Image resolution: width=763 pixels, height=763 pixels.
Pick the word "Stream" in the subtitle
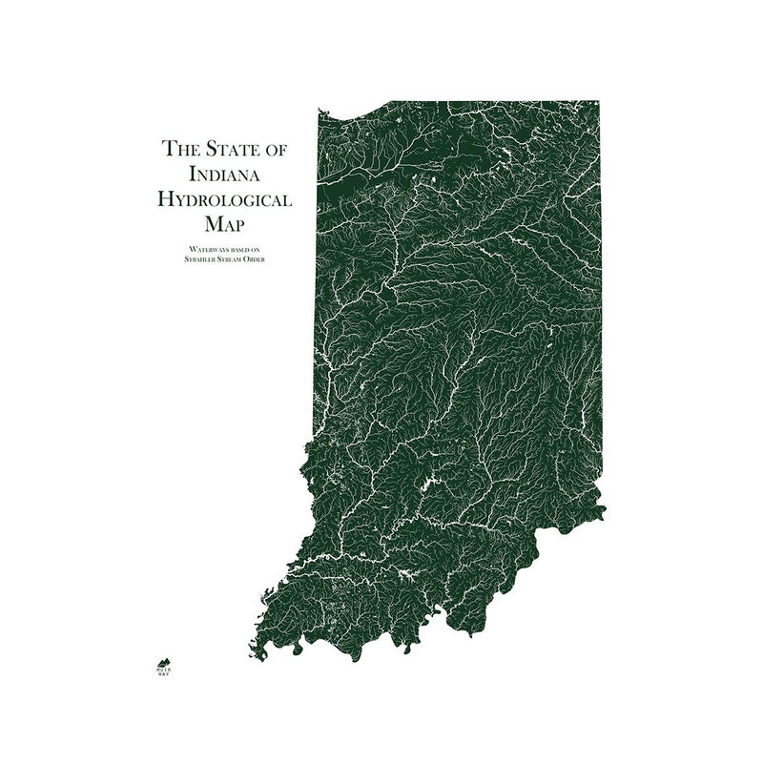pyautogui.click(x=228, y=258)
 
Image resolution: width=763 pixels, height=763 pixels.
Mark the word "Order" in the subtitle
pyautogui.click(x=253, y=258)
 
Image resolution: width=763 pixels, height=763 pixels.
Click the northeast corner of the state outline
pyautogui.click(x=600, y=100)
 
